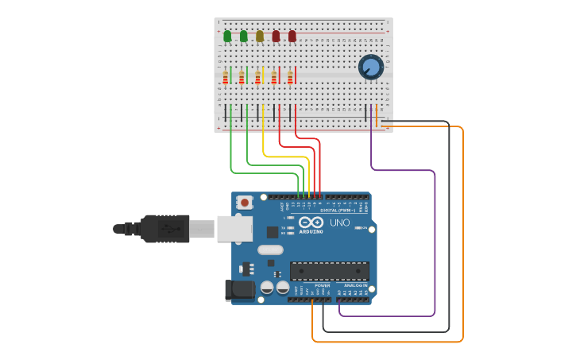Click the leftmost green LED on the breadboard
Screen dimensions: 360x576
pos(227,36)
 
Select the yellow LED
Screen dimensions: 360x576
pos(260,36)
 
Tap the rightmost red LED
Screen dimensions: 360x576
pos(292,36)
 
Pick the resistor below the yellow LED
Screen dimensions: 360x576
pos(257,77)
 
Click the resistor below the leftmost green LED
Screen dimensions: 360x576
pos(225,77)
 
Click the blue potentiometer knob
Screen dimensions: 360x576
pos(370,67)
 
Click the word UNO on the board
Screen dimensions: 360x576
pos(340,223)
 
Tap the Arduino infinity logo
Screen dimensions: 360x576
pos(311,223)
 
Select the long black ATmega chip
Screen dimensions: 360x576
pos(329,271)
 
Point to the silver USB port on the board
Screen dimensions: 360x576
pos(234,229)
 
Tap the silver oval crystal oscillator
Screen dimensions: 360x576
pos(270,250)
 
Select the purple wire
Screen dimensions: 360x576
pos(435,238)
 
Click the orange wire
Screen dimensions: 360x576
pos(462,238)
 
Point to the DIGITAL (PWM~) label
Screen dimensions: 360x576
pos(338,211)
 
